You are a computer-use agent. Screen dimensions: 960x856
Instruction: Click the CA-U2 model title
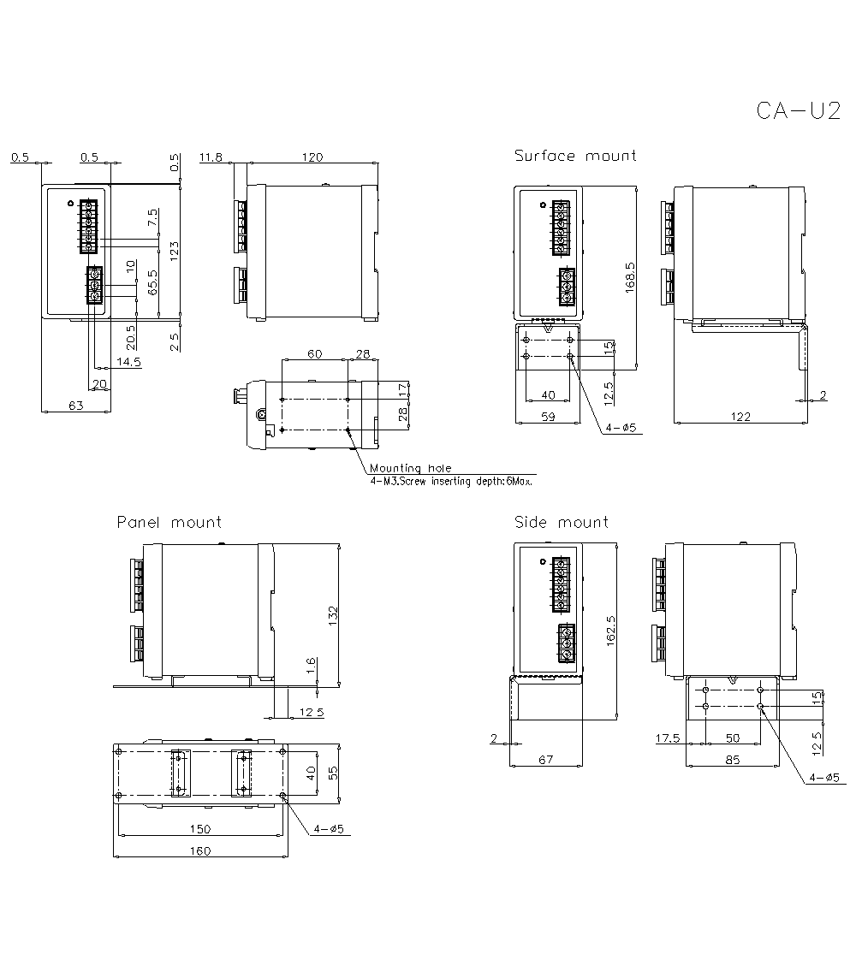pos(798,112)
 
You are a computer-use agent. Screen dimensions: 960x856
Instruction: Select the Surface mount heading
pos(575,156)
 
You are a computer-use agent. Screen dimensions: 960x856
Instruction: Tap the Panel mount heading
pos(169,522)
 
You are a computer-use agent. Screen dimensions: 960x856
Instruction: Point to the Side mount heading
pos(562,522)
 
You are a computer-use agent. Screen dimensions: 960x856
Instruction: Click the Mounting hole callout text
pos(410,468)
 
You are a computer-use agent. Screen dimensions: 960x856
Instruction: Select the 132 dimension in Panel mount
pos(333,615)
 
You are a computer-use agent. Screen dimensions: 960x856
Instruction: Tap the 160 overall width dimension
pos(200,850)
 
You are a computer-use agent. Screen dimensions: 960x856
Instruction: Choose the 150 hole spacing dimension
pos(200,829)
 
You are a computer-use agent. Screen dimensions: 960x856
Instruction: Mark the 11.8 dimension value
pos(211,157)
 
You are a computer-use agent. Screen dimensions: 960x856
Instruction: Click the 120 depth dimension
pos(313,157)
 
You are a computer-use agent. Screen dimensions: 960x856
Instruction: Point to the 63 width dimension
pos(75,406)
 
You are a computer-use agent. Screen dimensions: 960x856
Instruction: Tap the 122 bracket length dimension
pos(740,417)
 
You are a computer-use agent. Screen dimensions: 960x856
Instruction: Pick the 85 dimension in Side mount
pos(732,759)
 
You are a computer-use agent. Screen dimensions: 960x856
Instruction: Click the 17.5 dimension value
pos(669,738)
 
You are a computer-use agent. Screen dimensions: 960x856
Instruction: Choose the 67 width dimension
pos(545,759)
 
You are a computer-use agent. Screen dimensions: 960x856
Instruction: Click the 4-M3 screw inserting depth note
pos(452,482)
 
